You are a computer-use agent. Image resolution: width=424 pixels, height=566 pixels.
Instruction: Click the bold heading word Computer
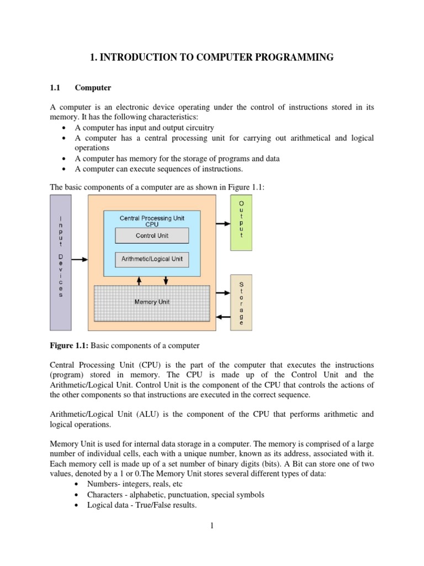93,87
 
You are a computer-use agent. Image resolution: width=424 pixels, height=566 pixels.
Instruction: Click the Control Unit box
152,236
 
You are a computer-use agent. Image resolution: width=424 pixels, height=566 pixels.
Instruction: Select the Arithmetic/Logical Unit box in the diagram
152,259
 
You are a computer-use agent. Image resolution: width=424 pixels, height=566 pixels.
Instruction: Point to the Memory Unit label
152,302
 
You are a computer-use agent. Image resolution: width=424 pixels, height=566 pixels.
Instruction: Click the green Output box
241,219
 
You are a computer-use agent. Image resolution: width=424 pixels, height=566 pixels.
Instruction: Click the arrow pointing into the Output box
222,224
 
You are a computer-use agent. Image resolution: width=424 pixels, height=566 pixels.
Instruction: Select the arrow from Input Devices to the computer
80,259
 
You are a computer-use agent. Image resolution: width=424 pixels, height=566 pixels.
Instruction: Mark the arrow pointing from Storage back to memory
223,317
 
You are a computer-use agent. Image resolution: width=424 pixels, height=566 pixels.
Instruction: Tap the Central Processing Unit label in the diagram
152,218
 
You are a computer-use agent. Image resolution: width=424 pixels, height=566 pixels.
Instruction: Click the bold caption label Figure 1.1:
69,345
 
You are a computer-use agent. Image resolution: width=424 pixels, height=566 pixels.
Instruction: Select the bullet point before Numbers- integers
75,485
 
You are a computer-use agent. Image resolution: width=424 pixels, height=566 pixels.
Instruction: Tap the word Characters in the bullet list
105,495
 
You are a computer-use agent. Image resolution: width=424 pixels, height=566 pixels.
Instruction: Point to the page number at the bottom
211,526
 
